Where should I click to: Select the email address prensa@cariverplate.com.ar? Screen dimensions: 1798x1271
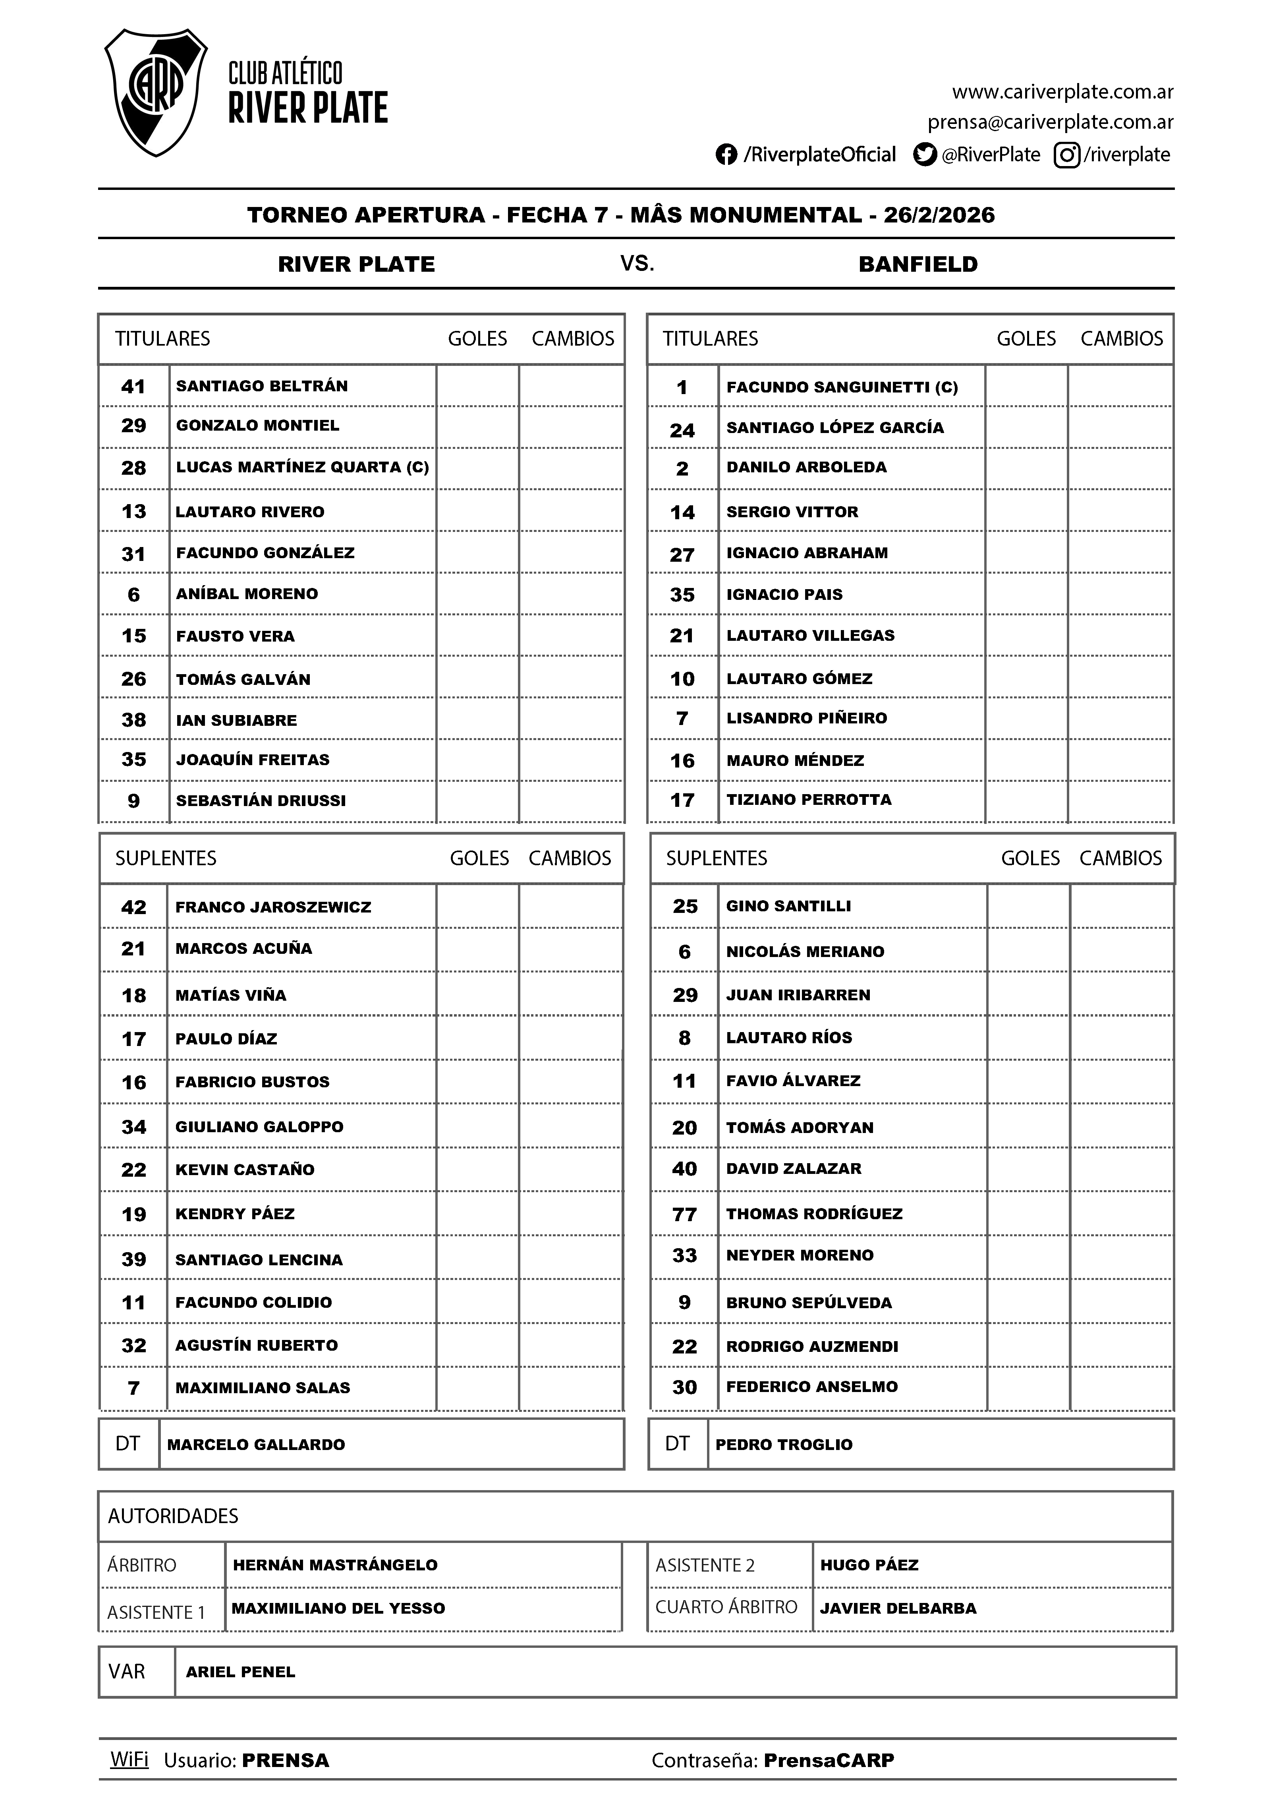click(x=1050, y=122)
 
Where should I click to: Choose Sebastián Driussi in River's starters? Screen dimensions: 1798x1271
click(x=261, y=800)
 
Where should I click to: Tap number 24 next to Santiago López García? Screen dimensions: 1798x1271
click(x=682, y=430)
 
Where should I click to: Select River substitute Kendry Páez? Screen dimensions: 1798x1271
click(x=235, y=1214)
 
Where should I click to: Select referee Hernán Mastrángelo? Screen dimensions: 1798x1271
click(x=335, y=1565)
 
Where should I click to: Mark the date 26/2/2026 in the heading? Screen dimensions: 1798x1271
click(x=939, y=215)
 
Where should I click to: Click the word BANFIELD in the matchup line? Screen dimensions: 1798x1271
click(x=918, y=264)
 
